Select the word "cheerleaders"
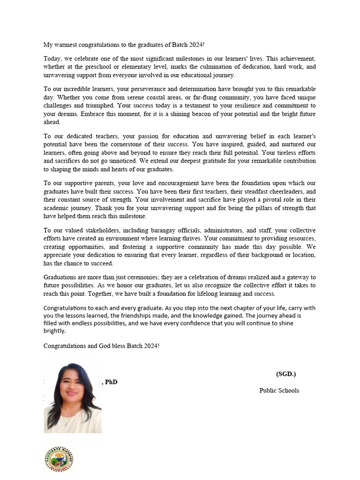270,192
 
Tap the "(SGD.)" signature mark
286,374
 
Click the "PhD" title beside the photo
111,382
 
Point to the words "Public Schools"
279,390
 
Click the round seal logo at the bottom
59,459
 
